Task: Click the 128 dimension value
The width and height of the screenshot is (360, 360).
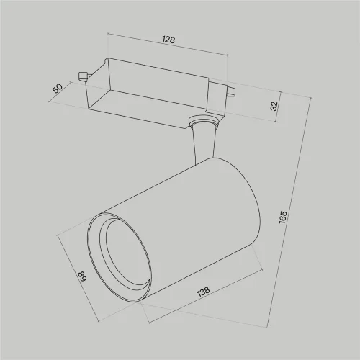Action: pos(168,41)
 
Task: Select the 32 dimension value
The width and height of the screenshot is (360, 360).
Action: pos(273,105)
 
